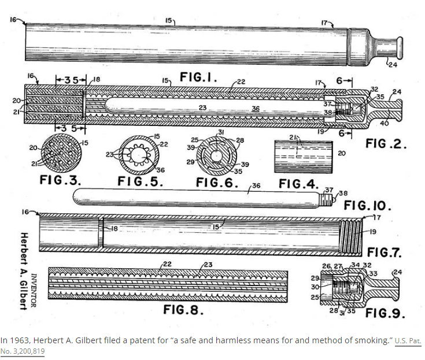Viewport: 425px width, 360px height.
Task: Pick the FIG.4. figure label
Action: point(298,184)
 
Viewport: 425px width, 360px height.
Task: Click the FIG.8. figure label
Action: point(183,309)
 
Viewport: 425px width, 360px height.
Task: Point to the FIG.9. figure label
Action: point(385,314)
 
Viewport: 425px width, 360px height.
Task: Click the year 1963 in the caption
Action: point(20,340)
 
